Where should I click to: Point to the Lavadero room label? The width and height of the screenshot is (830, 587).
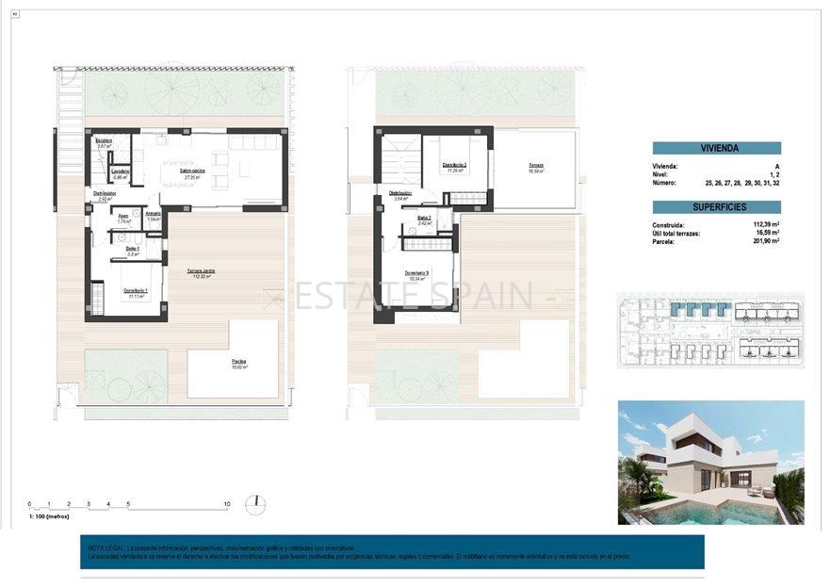click(x=120, y=171)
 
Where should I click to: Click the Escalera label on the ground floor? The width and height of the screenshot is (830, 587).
click(x=104, y=141)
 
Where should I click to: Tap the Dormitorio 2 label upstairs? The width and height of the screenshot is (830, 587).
click(x=455, y=166)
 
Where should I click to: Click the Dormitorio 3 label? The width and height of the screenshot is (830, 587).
click(x=416, y=274)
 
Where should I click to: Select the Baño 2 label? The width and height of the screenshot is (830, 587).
click(x=424, y=219)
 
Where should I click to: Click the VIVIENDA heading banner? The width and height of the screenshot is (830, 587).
click(x=716, y=148)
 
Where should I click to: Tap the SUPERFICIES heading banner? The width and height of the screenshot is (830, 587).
click(x=716, y=206)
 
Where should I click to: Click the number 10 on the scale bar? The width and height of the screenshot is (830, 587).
click(x=226, y=504)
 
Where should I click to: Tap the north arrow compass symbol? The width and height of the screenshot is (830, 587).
click(x=254, y=504)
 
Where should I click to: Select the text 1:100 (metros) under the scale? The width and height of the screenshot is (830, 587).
click(x=55, y=517)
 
